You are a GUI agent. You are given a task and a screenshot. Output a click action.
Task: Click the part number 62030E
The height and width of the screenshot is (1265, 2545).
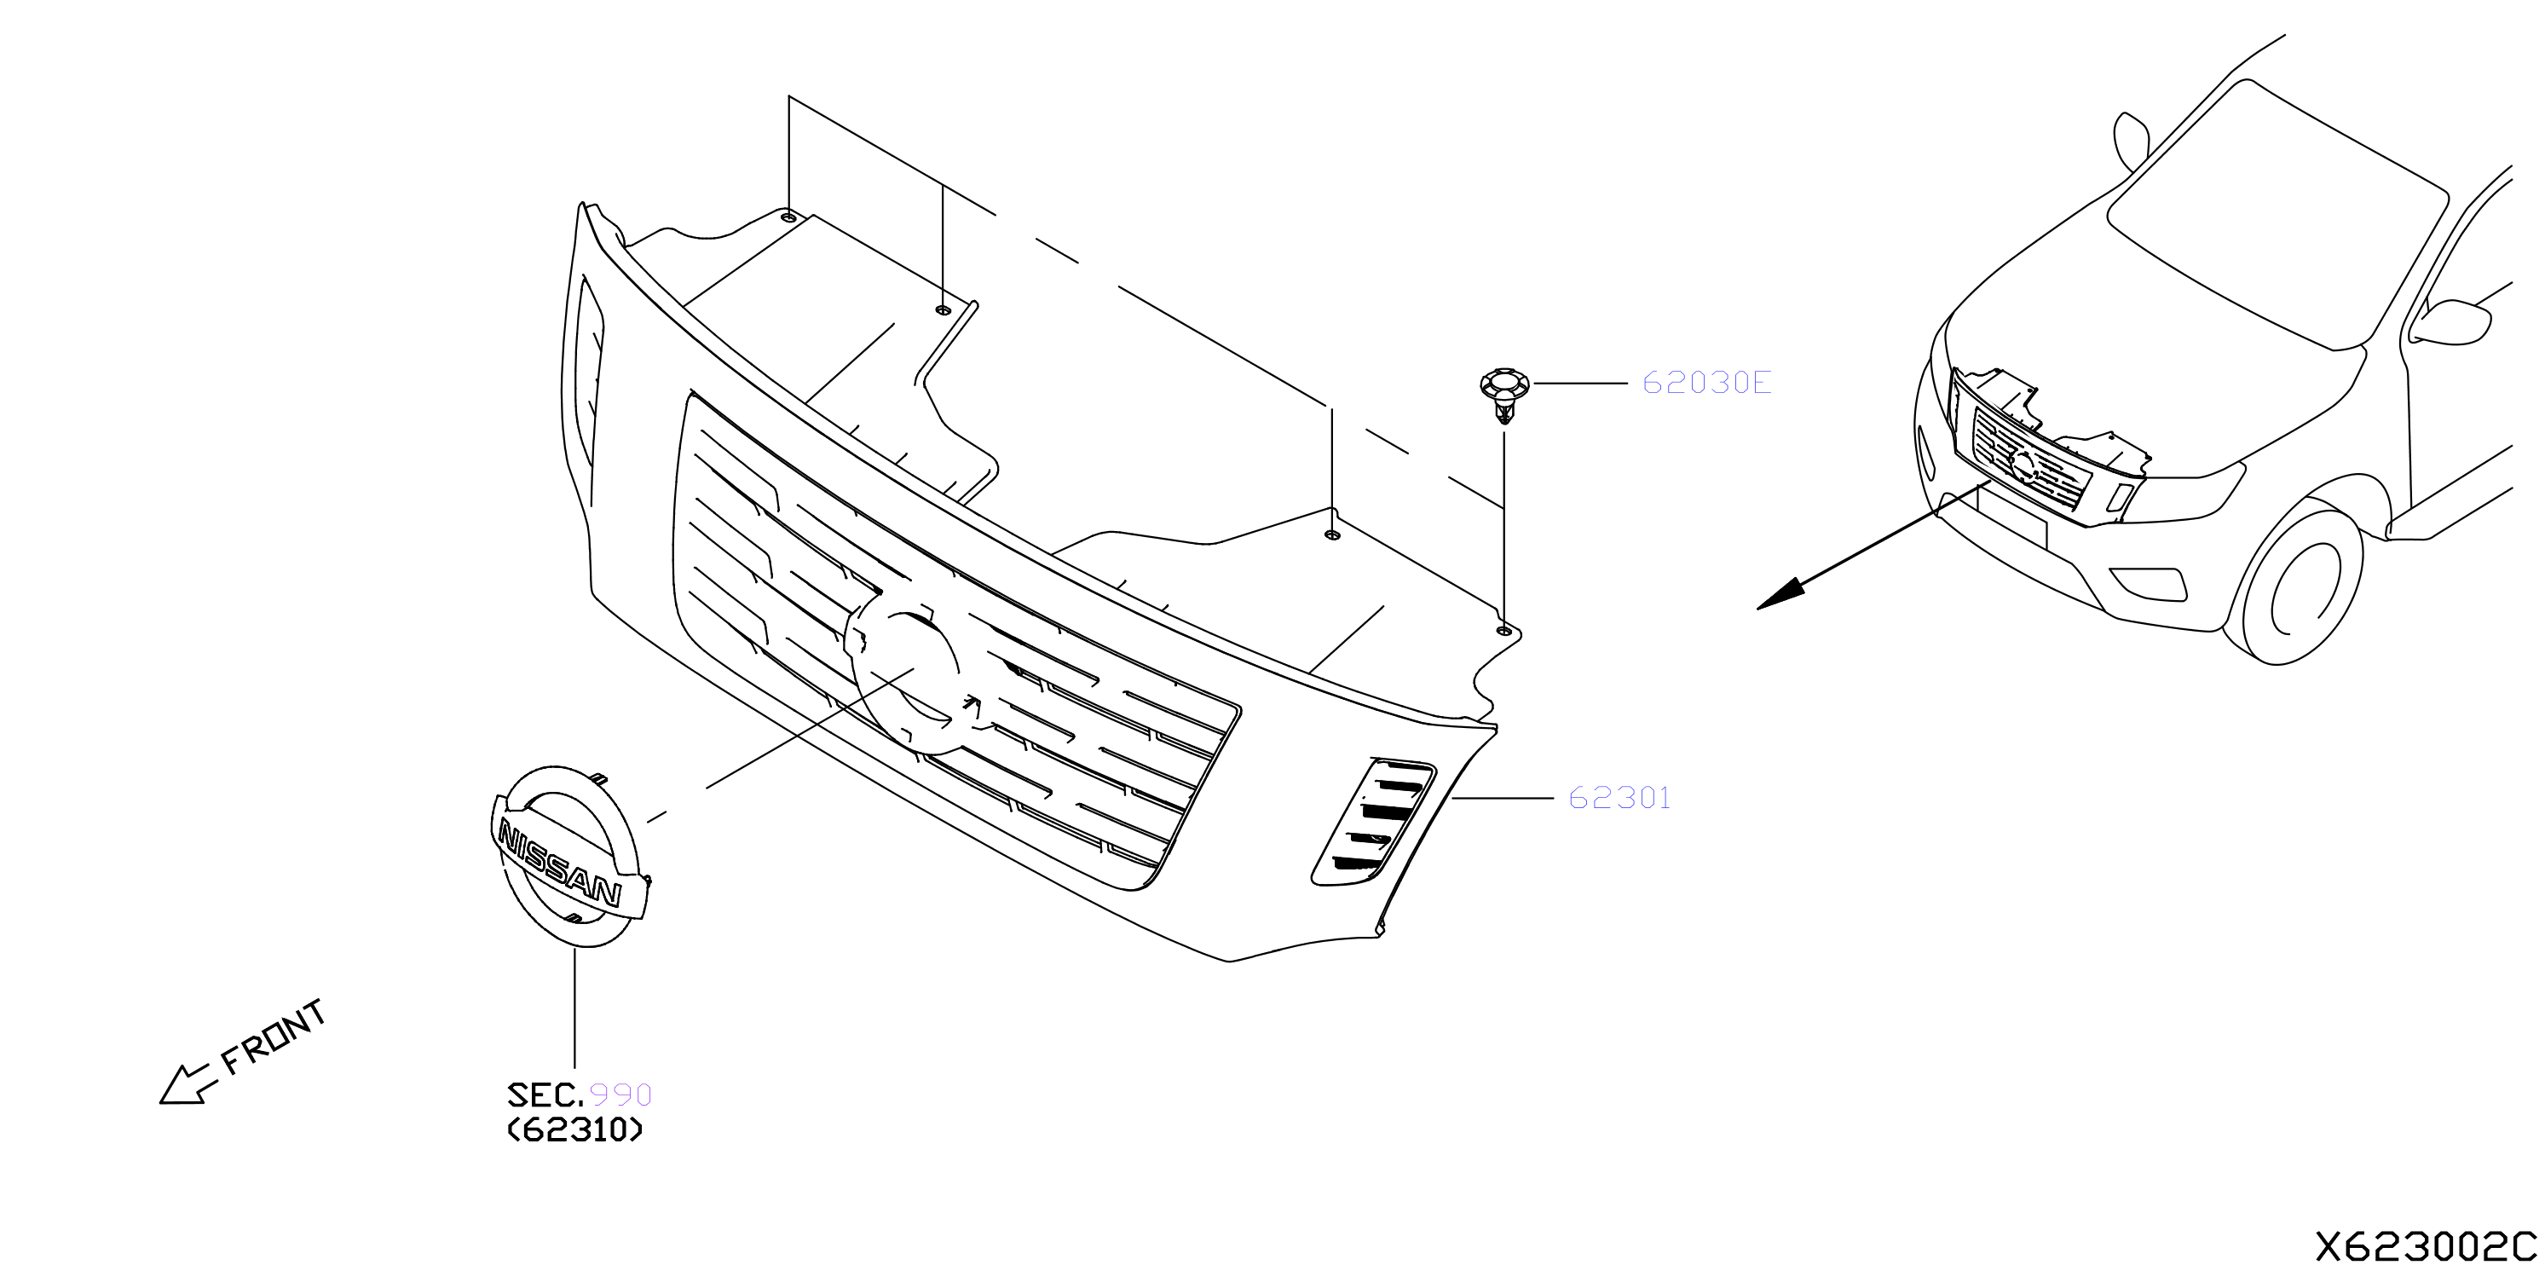click(x=1706, y=383)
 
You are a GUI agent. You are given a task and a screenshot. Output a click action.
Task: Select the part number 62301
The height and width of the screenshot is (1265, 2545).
click(x=1619, y=798)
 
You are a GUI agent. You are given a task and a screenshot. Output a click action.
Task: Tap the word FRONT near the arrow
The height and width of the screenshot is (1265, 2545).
click(x=273, y=1037)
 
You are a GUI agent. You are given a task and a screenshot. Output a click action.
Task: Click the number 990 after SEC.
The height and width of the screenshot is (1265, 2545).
click(x=620, y=1095)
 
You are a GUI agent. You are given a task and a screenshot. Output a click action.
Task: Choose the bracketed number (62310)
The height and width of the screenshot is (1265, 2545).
click(x=575, y=1129)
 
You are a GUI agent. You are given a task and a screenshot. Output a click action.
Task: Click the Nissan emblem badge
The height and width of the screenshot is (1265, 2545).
click(x=569, y=856)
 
